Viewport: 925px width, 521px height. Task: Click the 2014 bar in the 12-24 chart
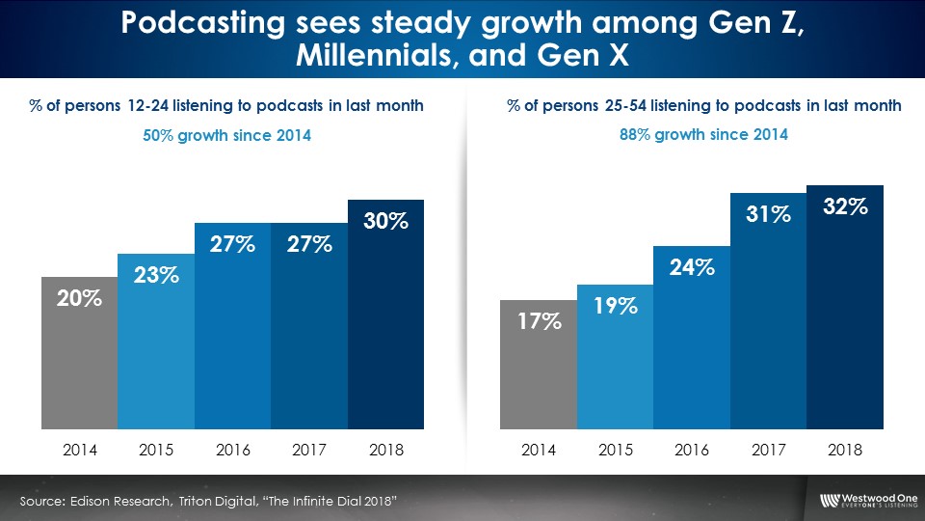click(80, 352)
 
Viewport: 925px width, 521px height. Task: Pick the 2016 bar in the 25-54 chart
click(692, 338)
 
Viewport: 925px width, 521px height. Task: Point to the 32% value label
click(845, 206)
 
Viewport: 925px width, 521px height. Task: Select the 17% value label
click(539, 320)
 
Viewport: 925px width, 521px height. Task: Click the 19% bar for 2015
click(616, 357)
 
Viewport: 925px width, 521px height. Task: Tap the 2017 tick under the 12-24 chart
click(309, 450)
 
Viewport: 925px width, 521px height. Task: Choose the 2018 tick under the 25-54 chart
click(845, 450)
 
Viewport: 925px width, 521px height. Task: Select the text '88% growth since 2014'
click(702, 136)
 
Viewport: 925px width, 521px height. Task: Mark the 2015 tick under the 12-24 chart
click(156, 450)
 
